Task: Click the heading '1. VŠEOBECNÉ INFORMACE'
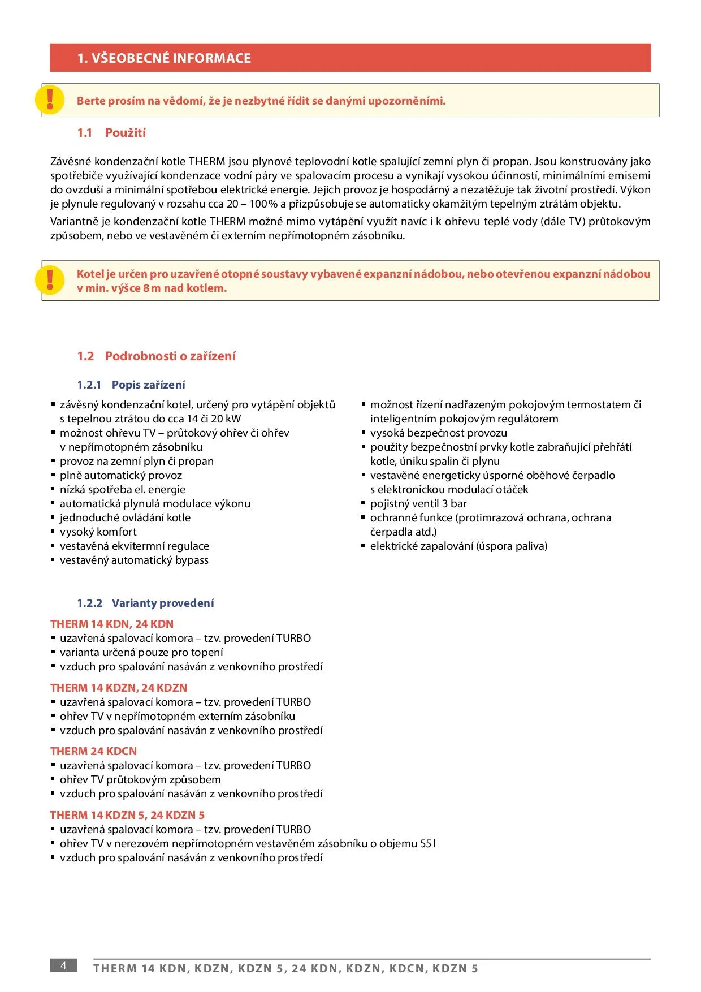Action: (x=164, y=58)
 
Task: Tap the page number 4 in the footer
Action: (x=63, y=965)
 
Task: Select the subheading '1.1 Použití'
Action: (x=111, y=133)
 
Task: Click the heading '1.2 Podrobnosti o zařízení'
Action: (x=156, y=356)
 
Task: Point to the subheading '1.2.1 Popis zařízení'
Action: (x=131, y=385)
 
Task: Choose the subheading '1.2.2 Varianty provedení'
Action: (x=146, y=603)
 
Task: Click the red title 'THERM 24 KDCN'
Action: (x=93, y=752)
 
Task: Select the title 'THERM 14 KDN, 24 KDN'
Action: (x=112, y=624)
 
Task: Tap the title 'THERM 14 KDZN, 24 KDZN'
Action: (x=119, y=688)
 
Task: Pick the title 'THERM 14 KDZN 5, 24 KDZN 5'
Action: (x=127, y=816)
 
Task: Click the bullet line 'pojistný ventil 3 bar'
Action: (x=418, y=504)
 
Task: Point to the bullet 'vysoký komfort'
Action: (x=98, y=532)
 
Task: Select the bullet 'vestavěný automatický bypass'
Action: (x=134, y=560)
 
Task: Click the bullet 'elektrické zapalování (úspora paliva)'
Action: (x=458, y=546)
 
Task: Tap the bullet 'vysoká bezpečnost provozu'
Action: (x=439, y=433)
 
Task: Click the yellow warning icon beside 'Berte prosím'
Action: (x=50, y=100)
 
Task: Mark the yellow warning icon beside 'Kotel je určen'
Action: (x=50, y=280)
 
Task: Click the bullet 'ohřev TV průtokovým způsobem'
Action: (x=140, y=780)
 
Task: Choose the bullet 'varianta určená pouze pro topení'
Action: (x=141, y=653)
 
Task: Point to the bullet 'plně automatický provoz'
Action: (x=121, y=476)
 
